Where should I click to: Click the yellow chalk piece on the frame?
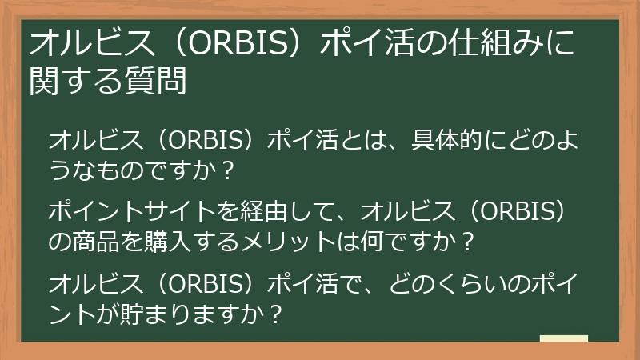563,338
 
